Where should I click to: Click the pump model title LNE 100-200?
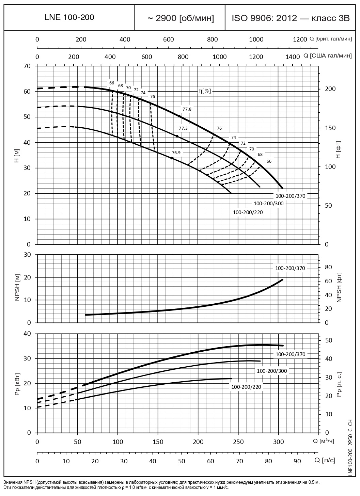(x=69, y=17)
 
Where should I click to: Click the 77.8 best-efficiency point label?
(x=187, y=109)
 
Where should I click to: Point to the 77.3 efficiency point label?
(x=183, y=128)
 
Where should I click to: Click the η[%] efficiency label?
(x=205, y=91)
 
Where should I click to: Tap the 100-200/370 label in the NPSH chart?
(x=290, y=268)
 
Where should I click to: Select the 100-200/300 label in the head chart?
(x=269, y=204)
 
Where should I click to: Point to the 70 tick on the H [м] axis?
(x=27, y=66)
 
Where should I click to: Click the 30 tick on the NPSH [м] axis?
(x=27, y=255)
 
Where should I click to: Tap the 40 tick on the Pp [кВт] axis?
(x=27, y=334)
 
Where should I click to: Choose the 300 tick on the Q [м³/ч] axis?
(x=279, y=442)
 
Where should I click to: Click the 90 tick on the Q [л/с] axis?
(x=297, y=461)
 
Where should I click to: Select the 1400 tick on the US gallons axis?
(x=293, y=57)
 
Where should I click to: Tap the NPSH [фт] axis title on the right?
(x=339, y=288)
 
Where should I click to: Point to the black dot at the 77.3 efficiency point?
(x=177, y=136)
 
